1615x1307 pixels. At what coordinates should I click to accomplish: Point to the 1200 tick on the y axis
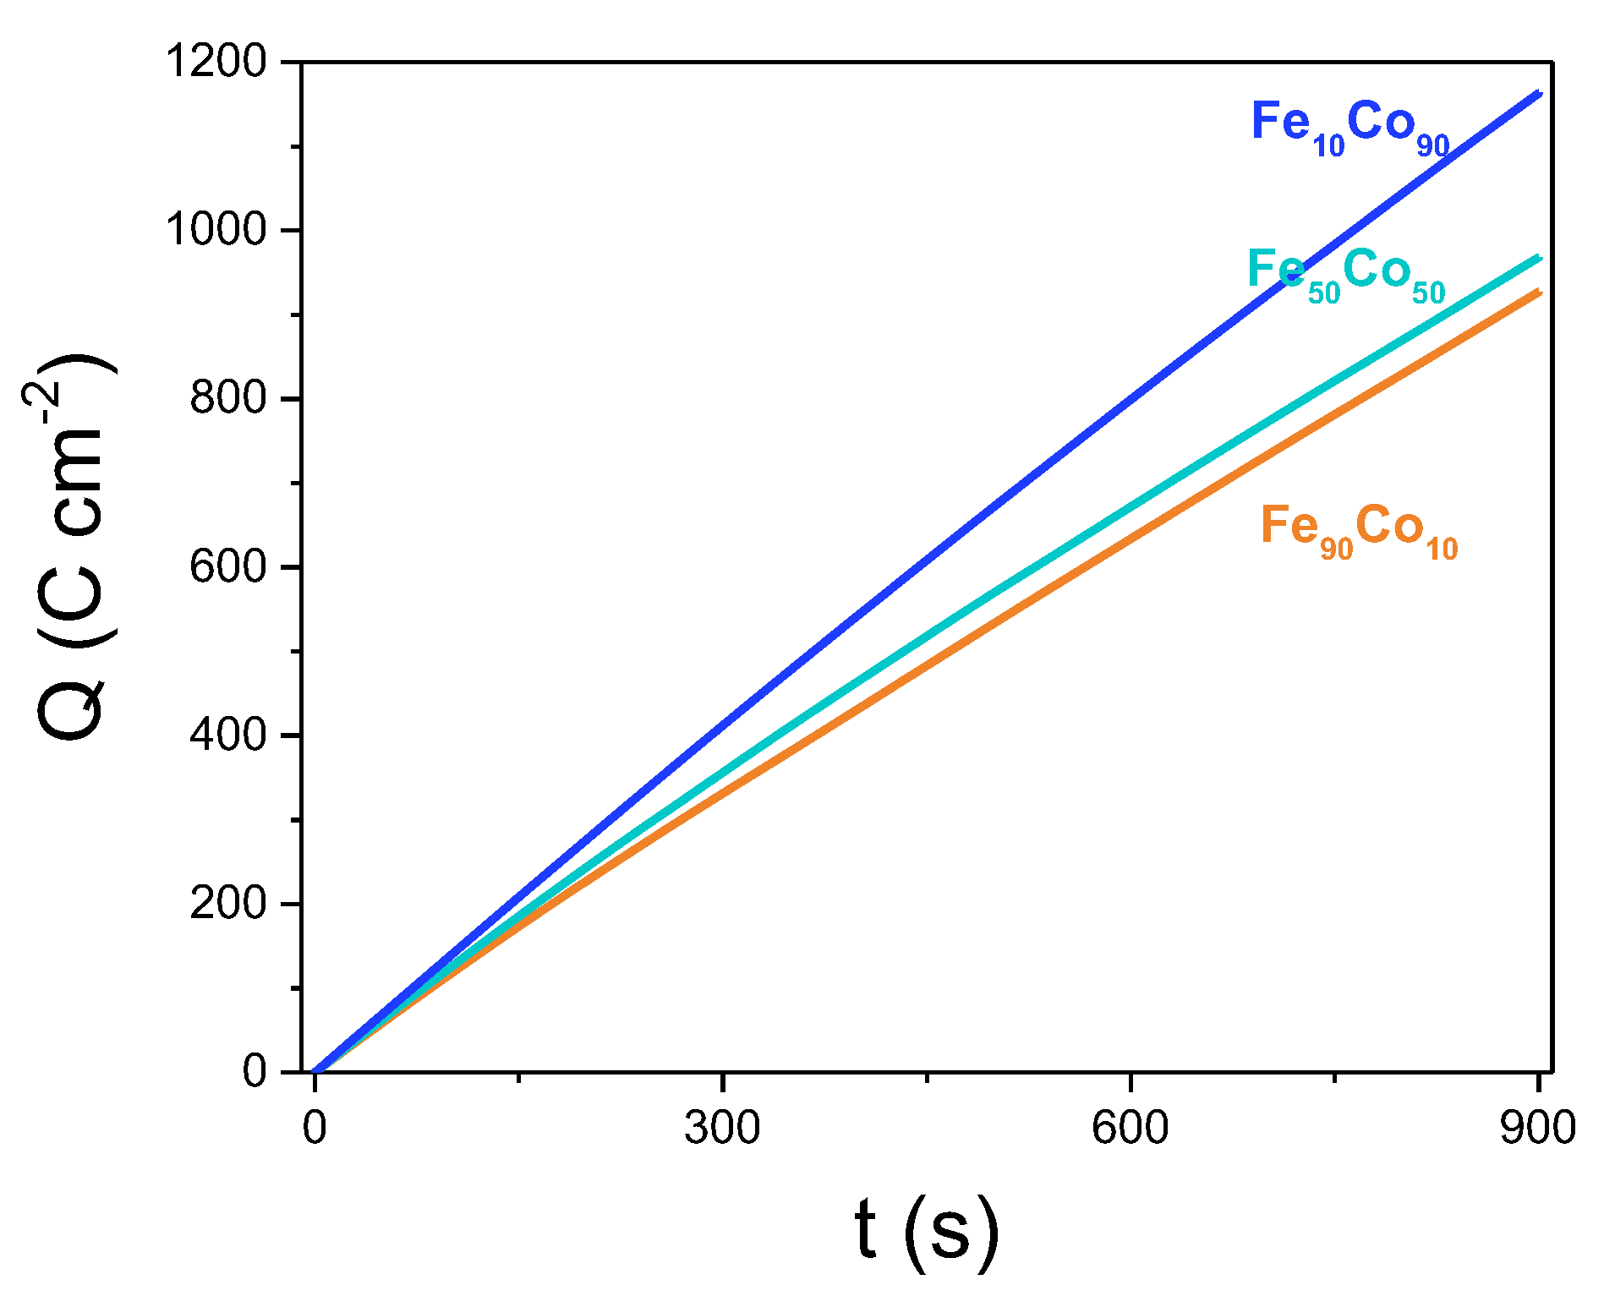pyautogui.click(x=216, y=62)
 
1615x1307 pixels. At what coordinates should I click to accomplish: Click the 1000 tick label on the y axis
pyautogui.click(x=216, y=230)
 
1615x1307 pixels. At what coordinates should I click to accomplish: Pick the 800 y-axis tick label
pyautogui.click(x=228, y=398)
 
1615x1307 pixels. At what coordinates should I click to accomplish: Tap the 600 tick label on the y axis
pyautogui.click(x=228, y=566)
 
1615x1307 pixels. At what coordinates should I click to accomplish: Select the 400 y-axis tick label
pyautogui.click(x=228, y=735)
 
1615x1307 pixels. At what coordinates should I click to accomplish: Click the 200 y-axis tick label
pyautogui.click(x=228, y=903)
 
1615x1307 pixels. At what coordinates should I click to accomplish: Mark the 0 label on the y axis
pyautogui.click(x=255, y=1072)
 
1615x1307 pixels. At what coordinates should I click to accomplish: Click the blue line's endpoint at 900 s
pyautogui.click(x=1539, y=93)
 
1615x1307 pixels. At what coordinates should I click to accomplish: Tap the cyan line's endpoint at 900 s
pyautogui.click(x=1539, y=258)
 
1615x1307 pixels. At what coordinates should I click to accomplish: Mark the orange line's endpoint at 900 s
pyautogui.click(x=1539, y=293)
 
